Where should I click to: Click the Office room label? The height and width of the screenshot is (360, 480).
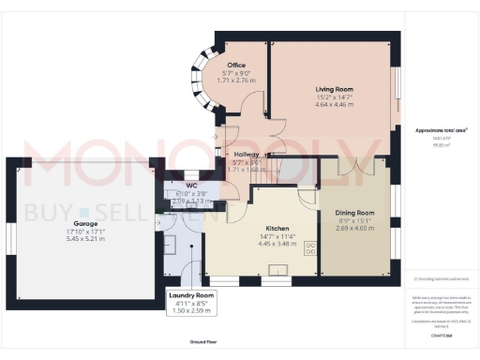235,66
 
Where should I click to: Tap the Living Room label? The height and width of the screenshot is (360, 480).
334,87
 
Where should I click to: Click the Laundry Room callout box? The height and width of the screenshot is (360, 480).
191,304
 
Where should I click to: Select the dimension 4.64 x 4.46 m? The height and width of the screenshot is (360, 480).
334,105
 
